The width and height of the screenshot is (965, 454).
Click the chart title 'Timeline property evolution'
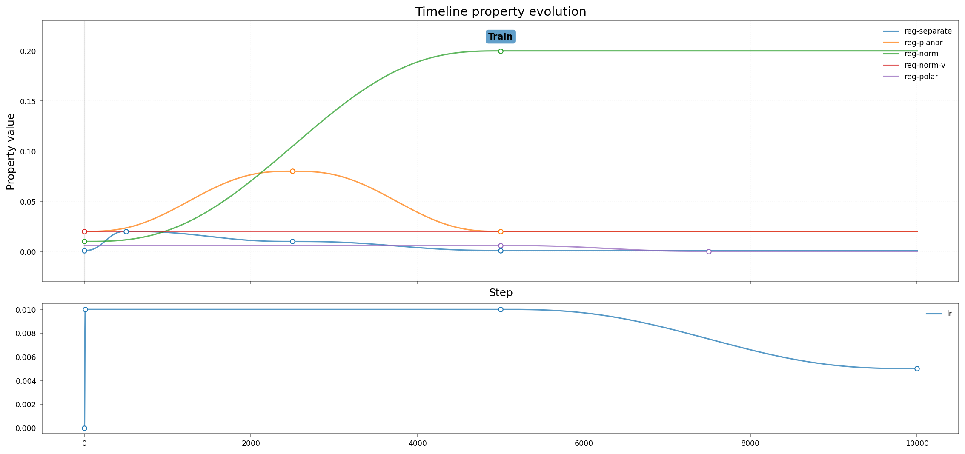pyautogui.click(x=501, y=11)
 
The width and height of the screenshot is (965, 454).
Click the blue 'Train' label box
pyautogui.click(x=501, y=37)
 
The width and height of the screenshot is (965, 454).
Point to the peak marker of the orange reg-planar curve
pyautogui.click(x=292, y=171)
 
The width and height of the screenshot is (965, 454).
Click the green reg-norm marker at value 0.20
pyautogui.click(x=501, y=51)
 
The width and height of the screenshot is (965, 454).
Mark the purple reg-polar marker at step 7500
pyautogui.click(x=709, y=251)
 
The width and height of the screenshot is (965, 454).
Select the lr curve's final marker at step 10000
pyautogui.click(x=917, y=368)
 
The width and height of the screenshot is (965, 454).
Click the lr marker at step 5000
pyautogui.click(x=501, y=309)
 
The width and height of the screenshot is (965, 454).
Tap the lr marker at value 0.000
pyautogui.click(x=84, y=428)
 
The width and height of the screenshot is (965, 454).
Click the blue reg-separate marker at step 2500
pyautogui.click(x=292, y=241)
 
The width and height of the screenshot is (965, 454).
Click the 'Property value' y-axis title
pyautogui.click(x=11, y=151)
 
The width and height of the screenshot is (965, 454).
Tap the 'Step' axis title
pyautogui.click(x=501, y=293)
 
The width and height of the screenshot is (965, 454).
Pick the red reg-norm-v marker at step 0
pyautogui.click(x=84, y=231)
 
